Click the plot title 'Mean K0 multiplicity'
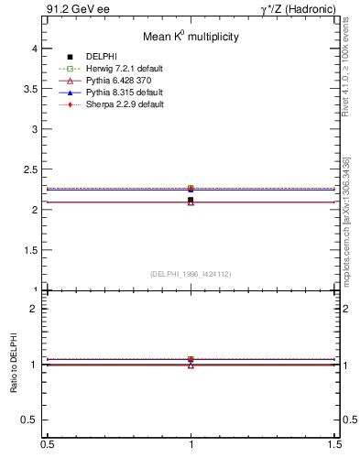point(191,37)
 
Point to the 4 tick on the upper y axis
point(38,49)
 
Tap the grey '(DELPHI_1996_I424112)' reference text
point(191,273)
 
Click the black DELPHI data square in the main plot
point(191,200)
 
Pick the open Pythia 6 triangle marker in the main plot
point(191,202)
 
